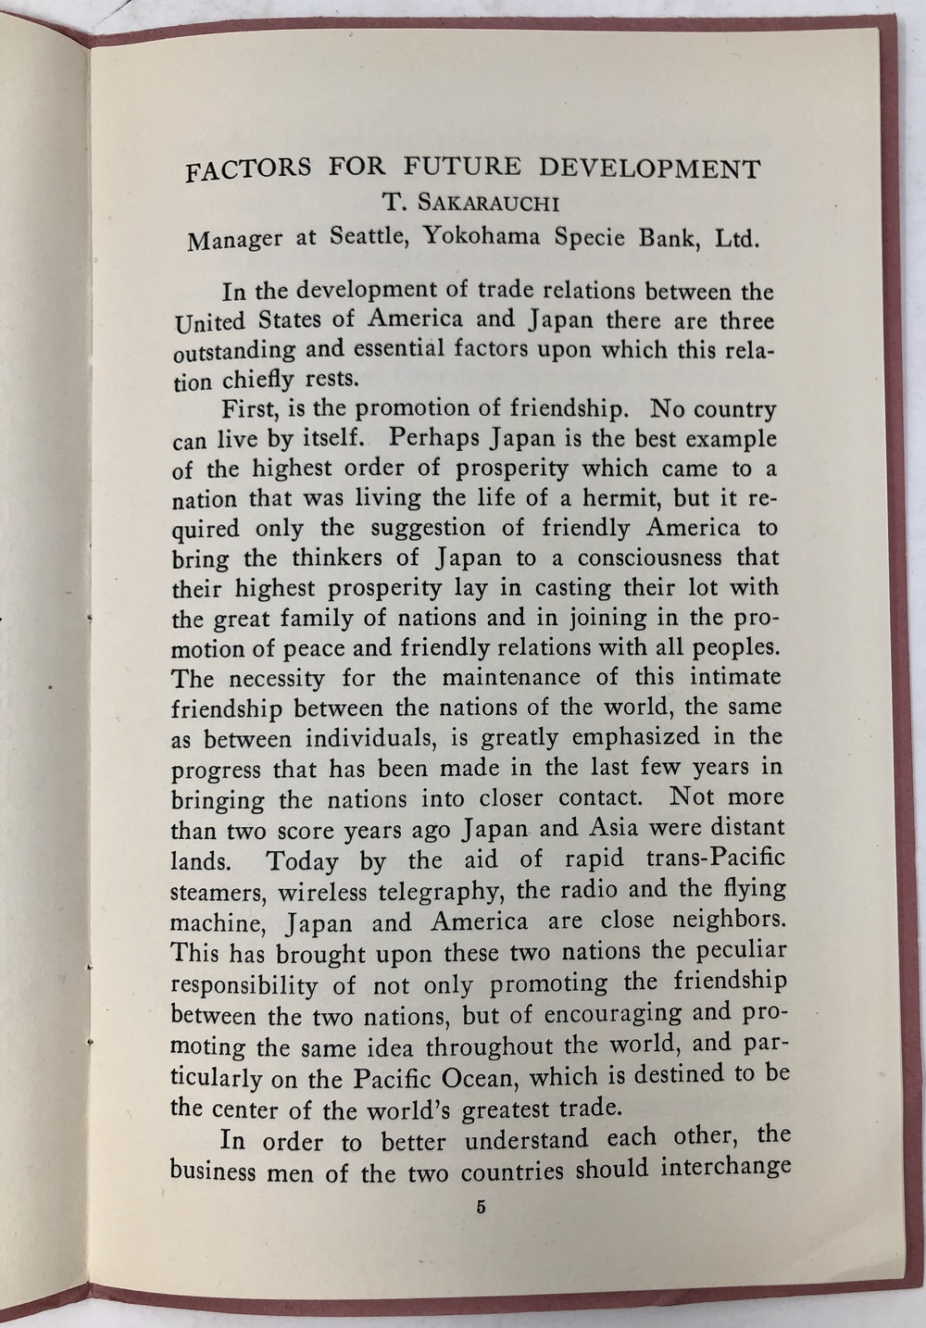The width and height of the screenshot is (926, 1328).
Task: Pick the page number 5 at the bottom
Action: pyautogui.click(x=480, y=1207)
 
